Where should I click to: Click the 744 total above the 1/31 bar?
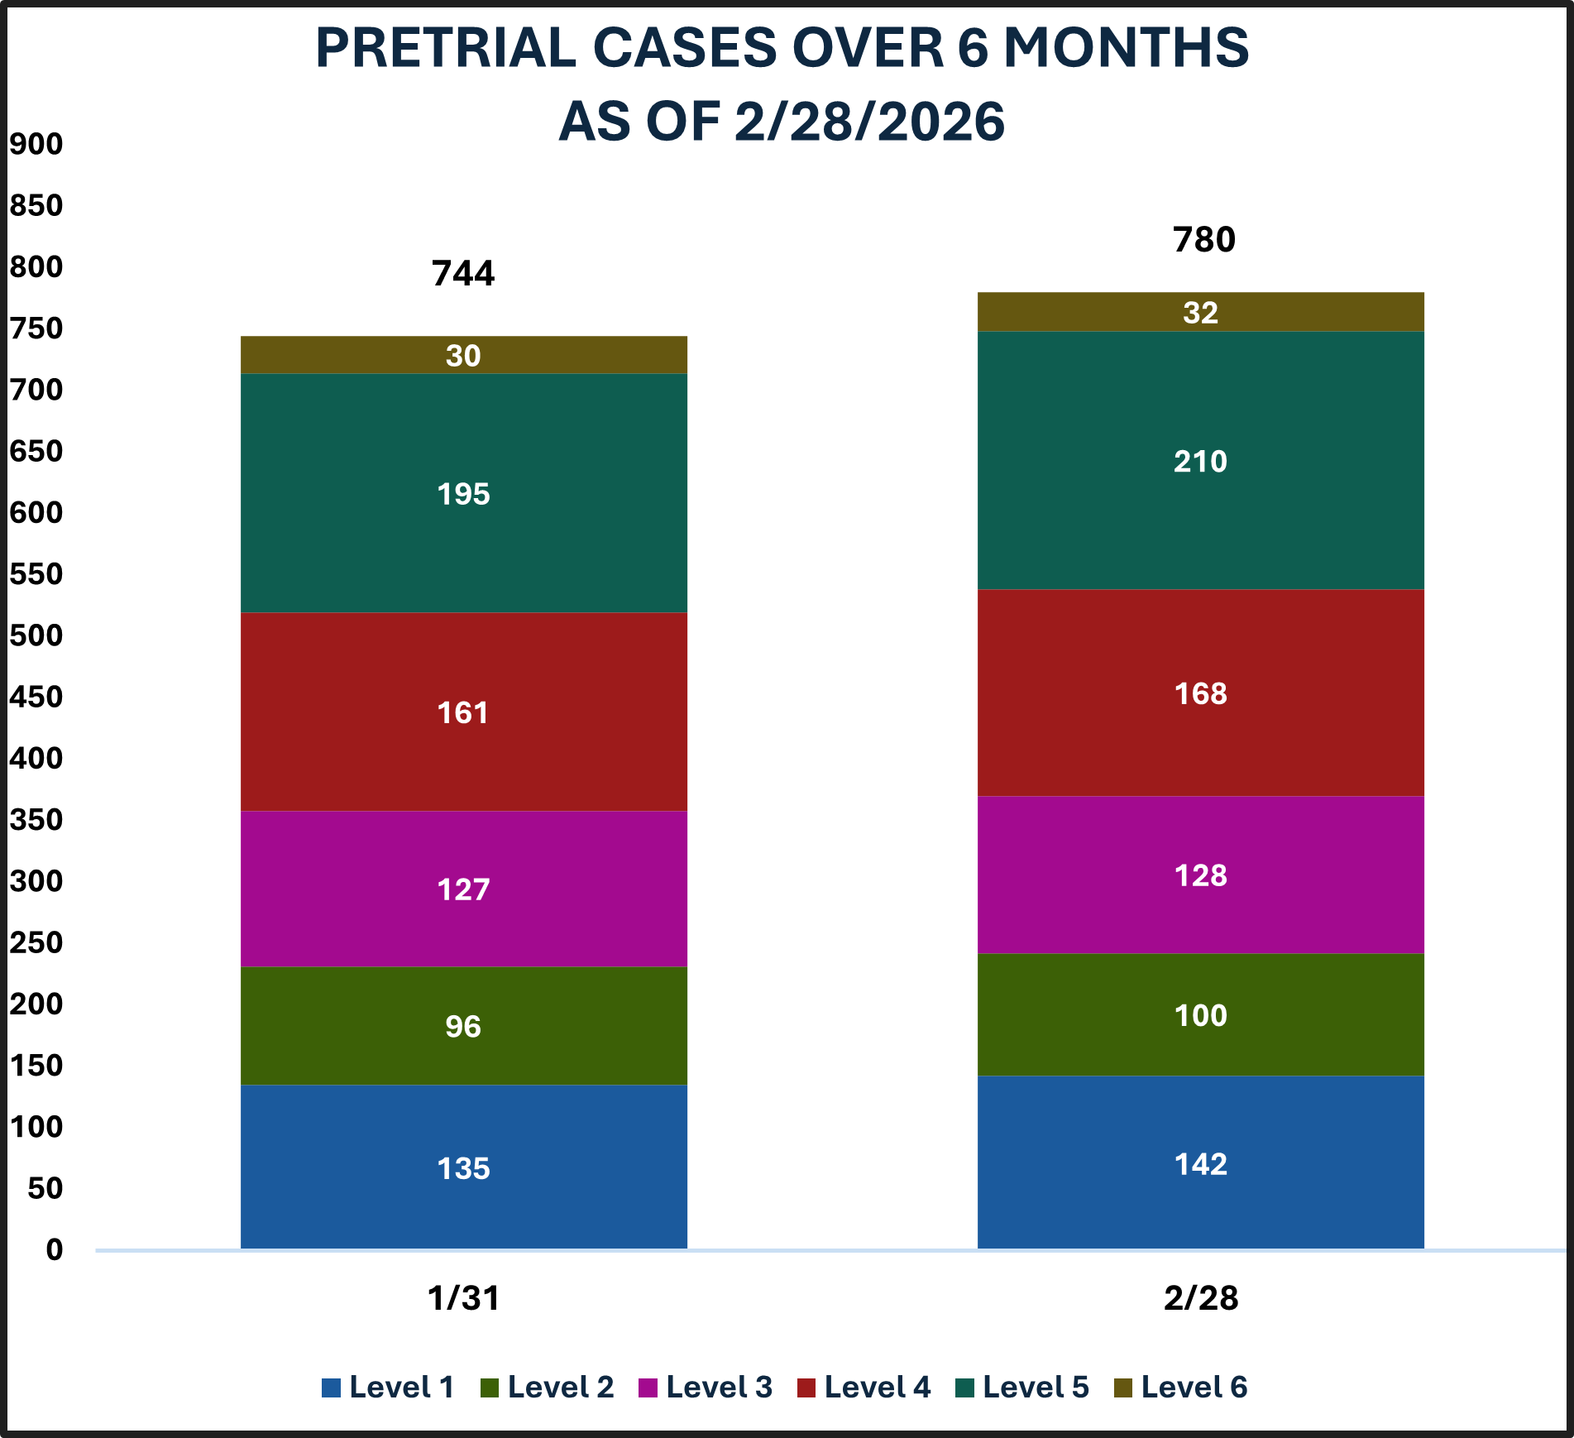pyautogui.click(x=463, y=274)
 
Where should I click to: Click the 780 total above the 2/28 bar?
pyautogui.click(x=1203, y=240)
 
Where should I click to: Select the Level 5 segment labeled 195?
pyautogui.click(x=463, y=494)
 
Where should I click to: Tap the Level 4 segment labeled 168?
pyautogui.click(x=1200, y=693)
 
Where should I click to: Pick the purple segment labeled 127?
pyautogui.click(x=463, y=889)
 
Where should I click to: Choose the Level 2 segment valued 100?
pyautogui.click(x=1200, y=1015)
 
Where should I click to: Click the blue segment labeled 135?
pyautogui.click(x=463, y=1168)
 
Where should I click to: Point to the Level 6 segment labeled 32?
pyautogui.click(x=1200, y=313)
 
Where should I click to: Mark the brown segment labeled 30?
pyautogui.click(x=463, y=356)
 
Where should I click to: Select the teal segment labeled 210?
pyautogui.click(x=1200, y=461)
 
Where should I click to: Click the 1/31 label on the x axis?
pyautogui.click(x=463, y=1298)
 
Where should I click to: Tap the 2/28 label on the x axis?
pyautogui.click(x=1200, y=1298)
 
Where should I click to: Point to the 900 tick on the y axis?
pyautogui.click(x=36, y=144)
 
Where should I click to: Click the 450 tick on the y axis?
pyautogui.click(x=36, y=697)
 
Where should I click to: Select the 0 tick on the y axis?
pyautogui.click(x=55, y=1249)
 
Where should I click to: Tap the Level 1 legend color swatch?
pyautogui.click(x=331, y=1388)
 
